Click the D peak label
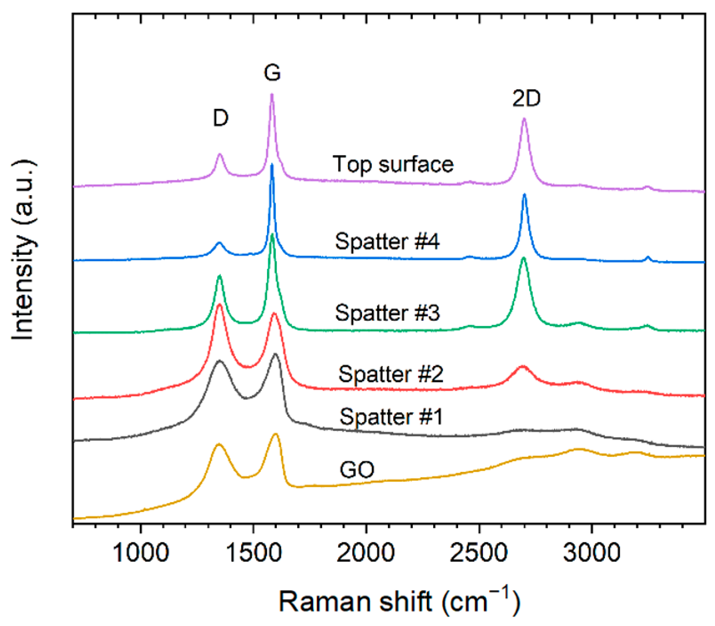coord(221,118)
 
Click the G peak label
coord(272,72)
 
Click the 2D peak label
coord(526,98)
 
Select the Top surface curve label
coord(393,164)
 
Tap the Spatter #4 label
coord(387,241)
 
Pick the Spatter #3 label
coord(387,313)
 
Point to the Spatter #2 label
coord(391,374)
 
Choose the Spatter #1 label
coord(391,416)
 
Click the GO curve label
coord(357,469)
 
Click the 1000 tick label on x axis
coord(140,553)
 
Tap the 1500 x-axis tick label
coord(253,553)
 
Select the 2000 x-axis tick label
coord(366,553)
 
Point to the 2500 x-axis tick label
coord(479,553)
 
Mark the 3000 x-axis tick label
coord(592,553)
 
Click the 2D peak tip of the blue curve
coord(524,195)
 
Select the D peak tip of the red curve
coord(219,305)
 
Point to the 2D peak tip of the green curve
coord(523,258)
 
